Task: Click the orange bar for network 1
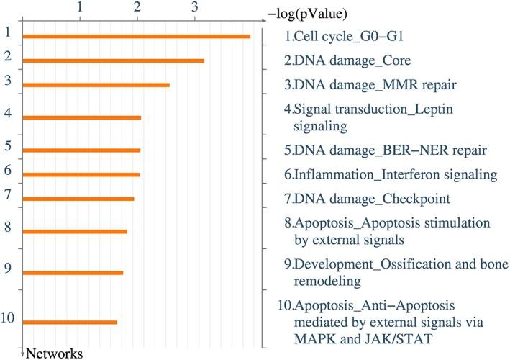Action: pyautogui.click(x=137, y=36)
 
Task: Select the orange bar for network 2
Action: pyautogui.click(x=114, y=60)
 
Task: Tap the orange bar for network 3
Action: pyautogui.click(x=96, y=85)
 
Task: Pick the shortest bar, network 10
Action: pyautogui.click(x=70, y=322)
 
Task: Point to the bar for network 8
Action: pyautogui.click(x=75, y=231)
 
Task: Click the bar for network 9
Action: pyautogui.click(x=73, y=272)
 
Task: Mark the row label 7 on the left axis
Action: pyautogui.click(x=7, y=194)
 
